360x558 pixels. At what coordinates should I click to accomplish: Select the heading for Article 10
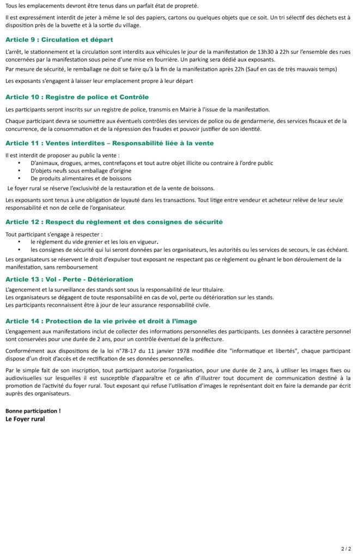pyautogui.click(x=77, y=97)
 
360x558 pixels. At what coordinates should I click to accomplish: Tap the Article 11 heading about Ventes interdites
pyautogui.click(x=109, y=143)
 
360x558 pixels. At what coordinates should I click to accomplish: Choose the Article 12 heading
pyautogui.click(x=114, y=222)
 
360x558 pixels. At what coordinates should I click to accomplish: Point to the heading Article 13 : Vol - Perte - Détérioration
pyautogui.click(x=69, y=279)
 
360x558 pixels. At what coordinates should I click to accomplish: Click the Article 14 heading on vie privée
pyautogui.click(x=101, y=321)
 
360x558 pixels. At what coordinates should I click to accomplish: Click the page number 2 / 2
pyautogui.click(x=346, y=548)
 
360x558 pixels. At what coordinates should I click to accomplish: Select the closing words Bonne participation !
pyautogui.click(x=33, y=410)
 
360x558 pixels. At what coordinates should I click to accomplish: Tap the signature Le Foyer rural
pyautogui.click(x=25, y=419)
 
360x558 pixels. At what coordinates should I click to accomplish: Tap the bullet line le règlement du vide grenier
pyautogui.click(x=94, y=241)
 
